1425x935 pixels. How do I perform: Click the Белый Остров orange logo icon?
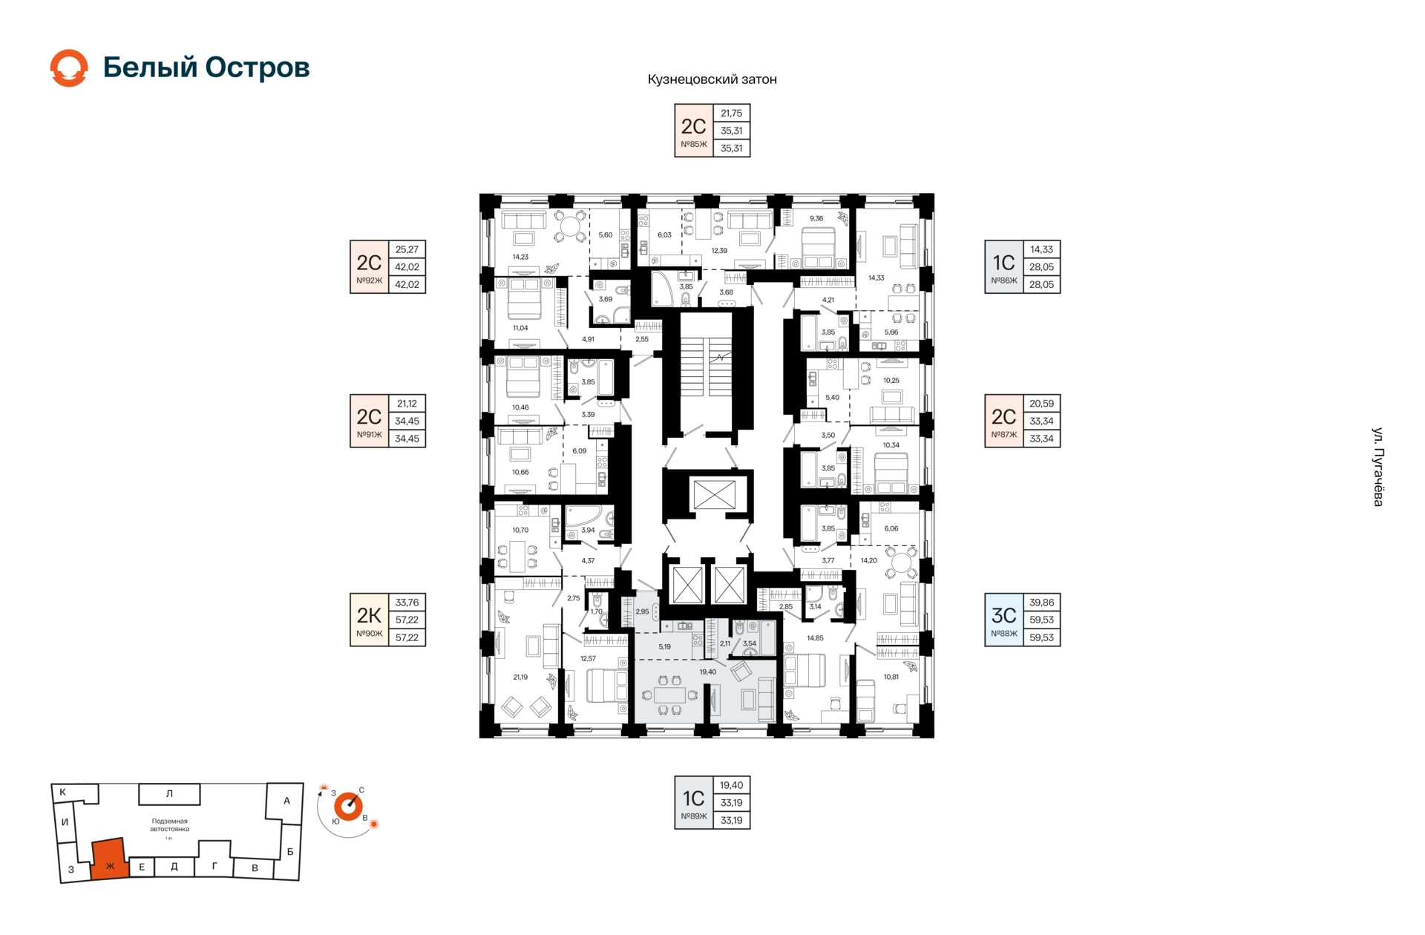69,68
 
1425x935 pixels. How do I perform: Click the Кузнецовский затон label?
712,79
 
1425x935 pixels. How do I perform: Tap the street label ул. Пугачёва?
1377,467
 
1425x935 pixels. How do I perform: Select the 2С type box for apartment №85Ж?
693,131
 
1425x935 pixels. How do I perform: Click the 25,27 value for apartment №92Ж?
407,249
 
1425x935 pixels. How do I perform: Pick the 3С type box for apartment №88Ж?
1003,620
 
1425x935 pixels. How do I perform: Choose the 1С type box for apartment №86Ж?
1003,266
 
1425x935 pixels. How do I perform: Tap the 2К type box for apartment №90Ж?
369,620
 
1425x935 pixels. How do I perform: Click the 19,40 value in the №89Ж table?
731,785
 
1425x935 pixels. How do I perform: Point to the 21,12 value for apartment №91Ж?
407,404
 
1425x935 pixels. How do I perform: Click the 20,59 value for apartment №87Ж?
1041,404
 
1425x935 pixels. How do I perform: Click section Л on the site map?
169,794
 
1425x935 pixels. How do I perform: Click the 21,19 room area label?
520,677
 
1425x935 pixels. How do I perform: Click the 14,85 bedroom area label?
815,638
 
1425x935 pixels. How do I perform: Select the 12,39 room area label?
719,251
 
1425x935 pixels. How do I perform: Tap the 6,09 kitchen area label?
579,451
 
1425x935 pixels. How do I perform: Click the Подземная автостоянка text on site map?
169,825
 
